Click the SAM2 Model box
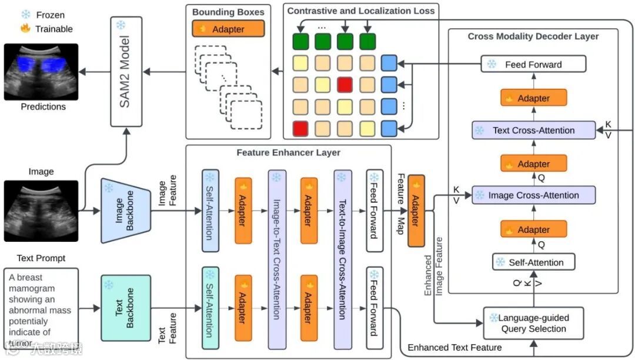(127, 71)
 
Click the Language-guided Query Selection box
(533, 324)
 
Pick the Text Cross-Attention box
(533, 130)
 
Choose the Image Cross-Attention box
(533, 195)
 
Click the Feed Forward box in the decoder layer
(533, 64)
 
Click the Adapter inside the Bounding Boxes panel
(228, 28)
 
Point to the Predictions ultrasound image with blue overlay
(41, 72)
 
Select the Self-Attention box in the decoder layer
(533, 262)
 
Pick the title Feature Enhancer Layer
(288, 152)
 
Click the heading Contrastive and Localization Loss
(361, 11)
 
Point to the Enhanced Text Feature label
(454, 347)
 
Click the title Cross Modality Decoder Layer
(533, 36)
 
